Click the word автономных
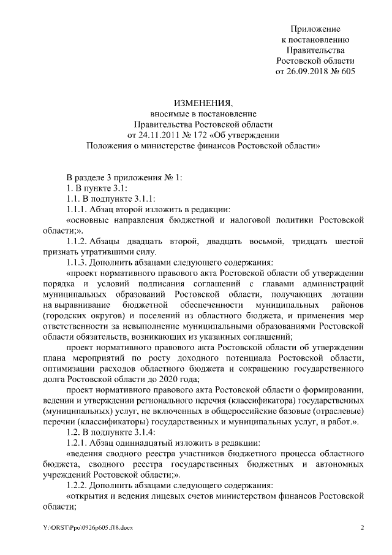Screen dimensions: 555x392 (339, 463)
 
